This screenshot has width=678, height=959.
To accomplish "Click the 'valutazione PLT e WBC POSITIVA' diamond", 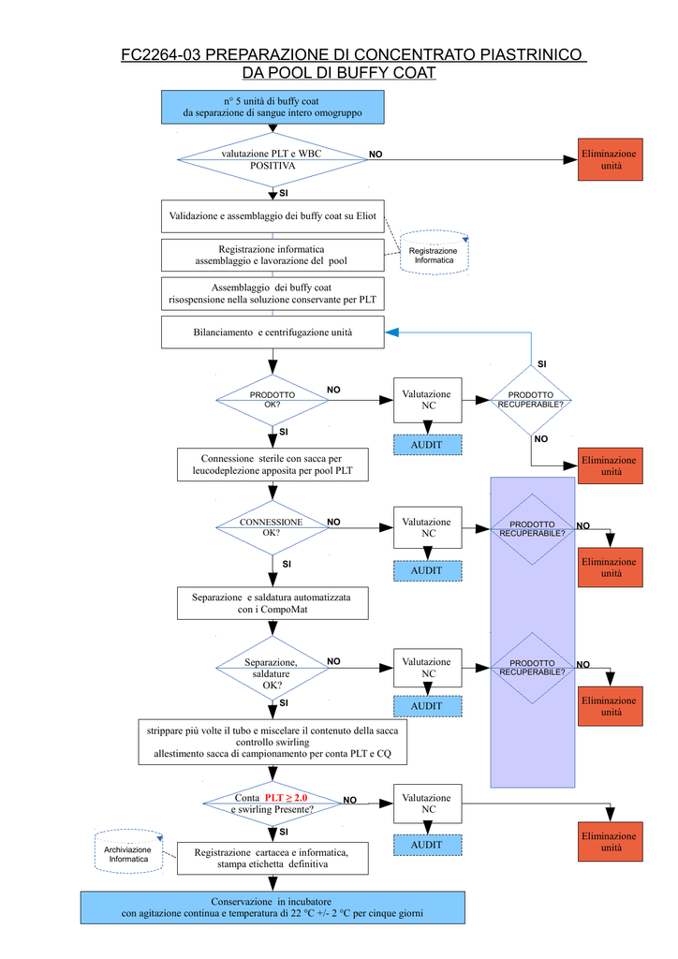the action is point(273,159).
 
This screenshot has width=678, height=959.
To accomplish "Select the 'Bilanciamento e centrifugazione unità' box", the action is point(273,332).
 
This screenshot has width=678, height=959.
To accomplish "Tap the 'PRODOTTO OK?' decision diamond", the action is point(273,400).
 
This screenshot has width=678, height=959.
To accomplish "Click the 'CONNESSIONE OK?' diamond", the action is point(273,527).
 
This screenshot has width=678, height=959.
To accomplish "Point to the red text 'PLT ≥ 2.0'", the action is point(287,798).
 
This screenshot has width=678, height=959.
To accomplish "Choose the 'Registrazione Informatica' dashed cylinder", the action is point(435,253).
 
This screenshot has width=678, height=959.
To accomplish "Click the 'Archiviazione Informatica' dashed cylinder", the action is point(129,851).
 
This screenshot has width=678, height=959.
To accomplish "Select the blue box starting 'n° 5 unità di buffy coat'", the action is point(273,107).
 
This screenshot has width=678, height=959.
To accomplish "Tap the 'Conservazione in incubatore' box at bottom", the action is point(273,907).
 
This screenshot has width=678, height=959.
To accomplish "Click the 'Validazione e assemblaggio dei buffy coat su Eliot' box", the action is point(273,216).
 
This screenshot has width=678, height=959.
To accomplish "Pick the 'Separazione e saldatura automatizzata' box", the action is point(273,603).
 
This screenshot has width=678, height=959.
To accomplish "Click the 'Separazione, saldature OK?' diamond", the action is point(273,668).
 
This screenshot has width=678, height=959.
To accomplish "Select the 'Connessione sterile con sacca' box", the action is point(273,465).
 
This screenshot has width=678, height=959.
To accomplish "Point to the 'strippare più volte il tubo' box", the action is point(273,742).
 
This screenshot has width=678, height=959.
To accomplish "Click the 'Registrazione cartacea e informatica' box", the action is point(273,858).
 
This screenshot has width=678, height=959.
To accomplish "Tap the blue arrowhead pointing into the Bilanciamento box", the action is point(391,332).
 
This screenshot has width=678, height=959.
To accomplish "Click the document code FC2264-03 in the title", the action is point(161,54).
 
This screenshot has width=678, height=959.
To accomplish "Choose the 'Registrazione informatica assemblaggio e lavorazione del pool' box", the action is point(273,255).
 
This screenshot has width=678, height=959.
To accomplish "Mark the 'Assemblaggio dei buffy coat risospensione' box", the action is point(273,293).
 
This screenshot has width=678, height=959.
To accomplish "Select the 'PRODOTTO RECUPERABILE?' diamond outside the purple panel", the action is point(531,400).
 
